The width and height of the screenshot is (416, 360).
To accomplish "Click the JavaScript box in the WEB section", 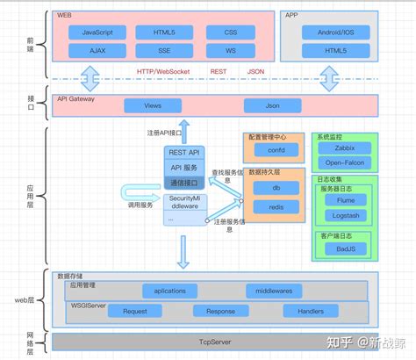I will pos(104,32).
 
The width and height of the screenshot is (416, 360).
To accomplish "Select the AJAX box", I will pos(104,50).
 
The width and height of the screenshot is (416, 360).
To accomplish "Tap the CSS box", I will pos(231,32).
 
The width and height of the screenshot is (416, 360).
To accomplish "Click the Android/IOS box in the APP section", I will pos(329,32).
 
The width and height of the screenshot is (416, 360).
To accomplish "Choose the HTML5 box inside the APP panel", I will pos(329,50).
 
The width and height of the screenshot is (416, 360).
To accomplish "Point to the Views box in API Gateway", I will pos(152,105).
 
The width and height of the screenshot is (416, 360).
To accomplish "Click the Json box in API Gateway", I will pos(272,105).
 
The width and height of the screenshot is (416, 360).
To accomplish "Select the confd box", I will pos(276,150).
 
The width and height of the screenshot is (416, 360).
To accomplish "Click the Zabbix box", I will pos(345,149).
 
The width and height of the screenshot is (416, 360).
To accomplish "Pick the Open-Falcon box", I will pos(345,162).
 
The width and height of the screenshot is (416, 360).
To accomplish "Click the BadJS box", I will pos(345,248).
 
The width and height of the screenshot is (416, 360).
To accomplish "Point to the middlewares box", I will pos(274,291).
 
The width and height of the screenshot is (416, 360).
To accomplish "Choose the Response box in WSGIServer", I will pos(220,311).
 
